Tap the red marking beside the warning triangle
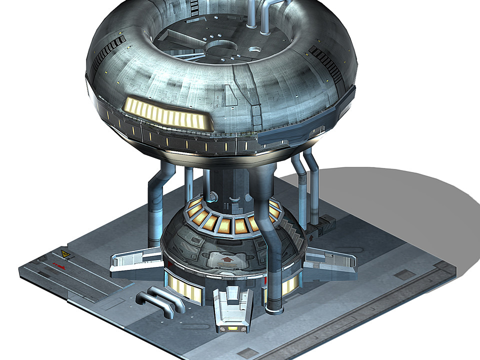(x=59, y=264)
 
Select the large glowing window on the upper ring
(x=165, y=112)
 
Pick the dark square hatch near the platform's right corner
(x=404, y=274)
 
